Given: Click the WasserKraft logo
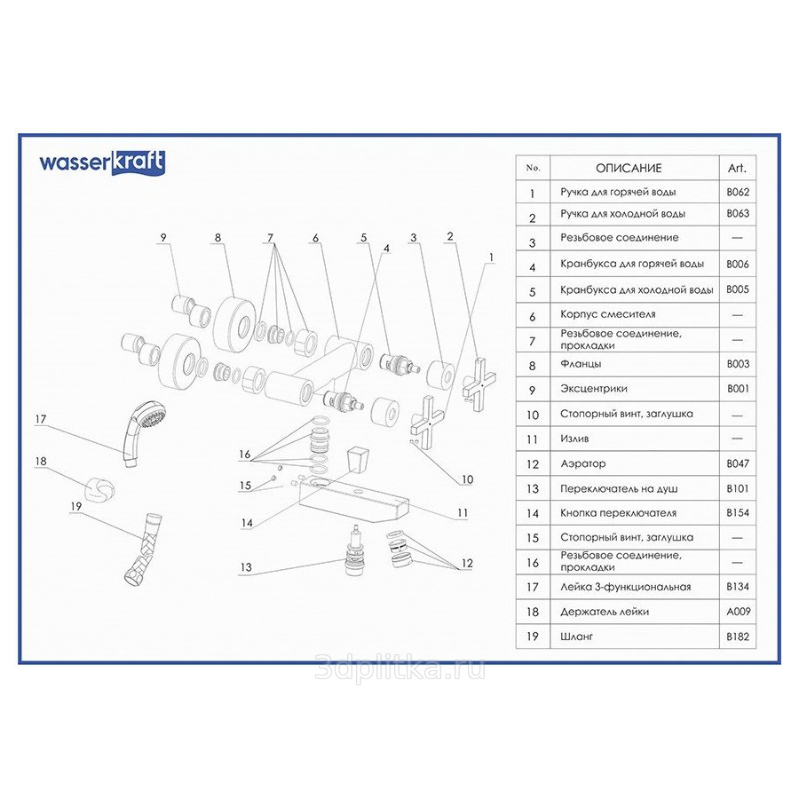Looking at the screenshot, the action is (102, 163).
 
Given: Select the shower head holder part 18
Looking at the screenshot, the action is (99, 490).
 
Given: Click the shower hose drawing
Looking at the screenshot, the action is (142, 549).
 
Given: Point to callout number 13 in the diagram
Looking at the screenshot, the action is (246, 567).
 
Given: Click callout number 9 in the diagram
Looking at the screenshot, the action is (163, 237).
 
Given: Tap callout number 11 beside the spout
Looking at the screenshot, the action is (463, 512).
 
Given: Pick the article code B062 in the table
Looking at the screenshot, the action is (738, 192).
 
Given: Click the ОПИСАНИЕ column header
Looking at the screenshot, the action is (629, 168).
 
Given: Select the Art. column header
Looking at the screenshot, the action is (737, 168).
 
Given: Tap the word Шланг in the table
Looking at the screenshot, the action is (576, 637).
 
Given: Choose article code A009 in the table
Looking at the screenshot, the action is (738, 612).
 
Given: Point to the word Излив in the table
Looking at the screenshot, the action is (574, 439).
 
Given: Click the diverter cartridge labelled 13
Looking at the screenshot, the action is (353, 552).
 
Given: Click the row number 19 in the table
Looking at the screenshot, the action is (533, 637).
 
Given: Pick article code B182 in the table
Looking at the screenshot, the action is (738, 637).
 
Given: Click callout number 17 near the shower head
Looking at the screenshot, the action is (41, 419).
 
